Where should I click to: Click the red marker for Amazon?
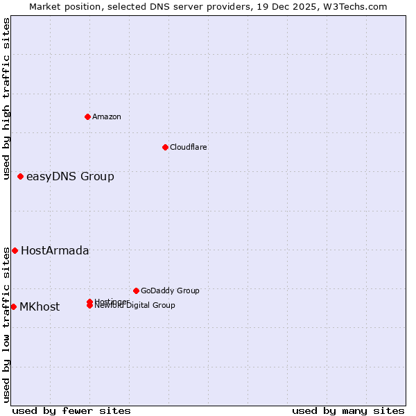click(x=87, y=116)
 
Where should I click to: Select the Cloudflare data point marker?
click(x=165, y=147)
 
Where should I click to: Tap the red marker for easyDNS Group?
click(x=21, y=176)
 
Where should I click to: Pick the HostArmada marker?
click(x=15, y=250)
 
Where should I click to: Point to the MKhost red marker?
click(x=13, y=306)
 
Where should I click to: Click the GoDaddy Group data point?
click(x=136, y=291)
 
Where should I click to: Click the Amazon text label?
click(x=107, y=116)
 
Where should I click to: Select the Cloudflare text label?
click(x=189, y=147)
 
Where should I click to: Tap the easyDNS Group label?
click(x=70, y=176)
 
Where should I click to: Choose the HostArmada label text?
click(x=55, y=250)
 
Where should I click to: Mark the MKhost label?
click(x=40, y=306)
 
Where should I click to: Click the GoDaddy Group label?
click(x=170, y=291)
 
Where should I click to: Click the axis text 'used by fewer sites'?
click(x=71, y=410)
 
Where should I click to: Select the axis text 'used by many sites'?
click(x=348, y=410)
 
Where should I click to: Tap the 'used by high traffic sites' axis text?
click(x=6, y=98)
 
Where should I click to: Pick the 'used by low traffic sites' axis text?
click(x=6, y=324)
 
